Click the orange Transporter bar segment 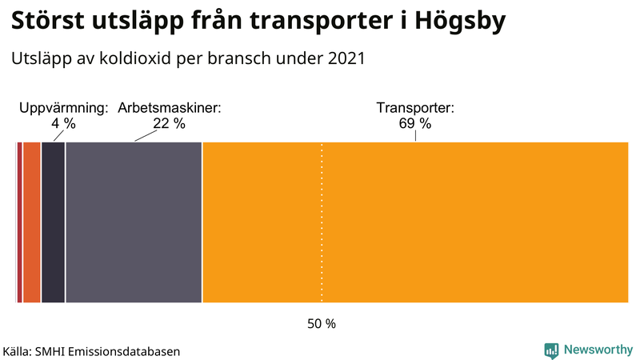tap(416, 222)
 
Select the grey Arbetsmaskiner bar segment tap(134, 222)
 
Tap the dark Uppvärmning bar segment tap(53, 222)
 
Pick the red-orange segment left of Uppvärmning tap(31, 222)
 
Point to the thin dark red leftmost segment tap(19, 222)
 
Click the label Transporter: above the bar tap(415, 108)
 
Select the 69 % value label tap(415, 124)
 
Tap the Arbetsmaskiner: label tap(170, 108)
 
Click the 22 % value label tap(169, 124)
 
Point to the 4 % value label tap(64, 124)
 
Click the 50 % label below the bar tap(322, 324)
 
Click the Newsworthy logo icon tap(551, 350)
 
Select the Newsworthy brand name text tap(598, 350)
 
